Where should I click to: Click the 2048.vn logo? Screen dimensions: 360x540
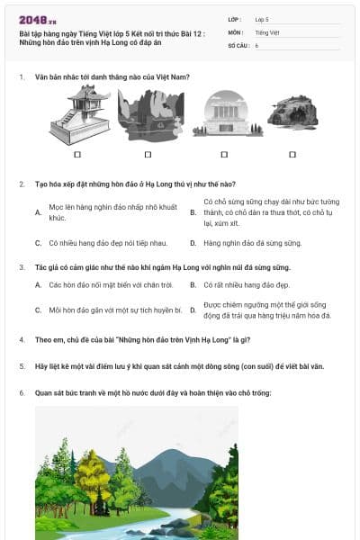[x=38, y=20]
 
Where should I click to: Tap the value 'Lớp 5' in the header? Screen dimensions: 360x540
[x=262, y=18]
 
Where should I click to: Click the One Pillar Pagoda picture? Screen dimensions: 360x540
[x=79, y=115]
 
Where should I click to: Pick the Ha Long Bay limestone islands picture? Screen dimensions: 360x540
[x=151, y=115]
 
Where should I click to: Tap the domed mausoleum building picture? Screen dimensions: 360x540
[x=222, y=115]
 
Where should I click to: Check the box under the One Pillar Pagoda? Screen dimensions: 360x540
[x=79, y=154]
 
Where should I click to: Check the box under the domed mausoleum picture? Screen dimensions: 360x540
[x=222, y=154]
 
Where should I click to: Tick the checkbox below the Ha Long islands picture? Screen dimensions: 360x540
[x=151, y=154]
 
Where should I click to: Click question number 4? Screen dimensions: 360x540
[x=22, y=339]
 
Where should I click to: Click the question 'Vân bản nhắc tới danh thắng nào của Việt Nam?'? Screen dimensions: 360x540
[x=112, y=77]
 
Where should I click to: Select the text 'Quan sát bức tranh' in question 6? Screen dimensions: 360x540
[x=65, y=393]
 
